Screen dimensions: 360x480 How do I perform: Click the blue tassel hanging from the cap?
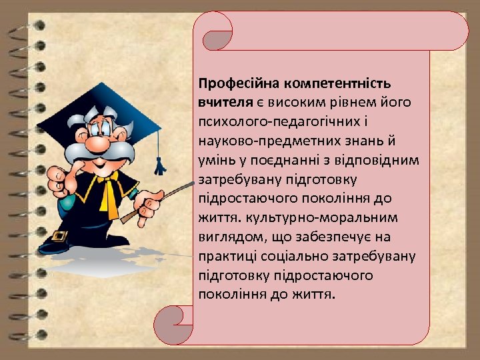coord(160,163)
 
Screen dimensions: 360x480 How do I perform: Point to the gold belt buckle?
coord(59,236)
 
